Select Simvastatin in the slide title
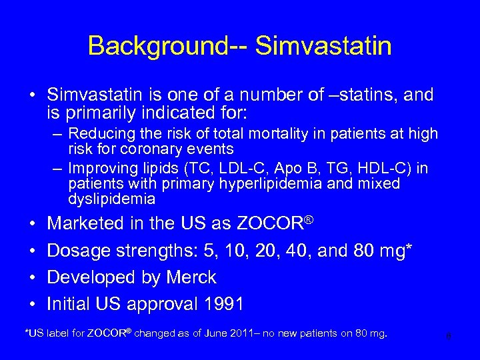[324, 46]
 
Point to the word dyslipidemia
[111, 199]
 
